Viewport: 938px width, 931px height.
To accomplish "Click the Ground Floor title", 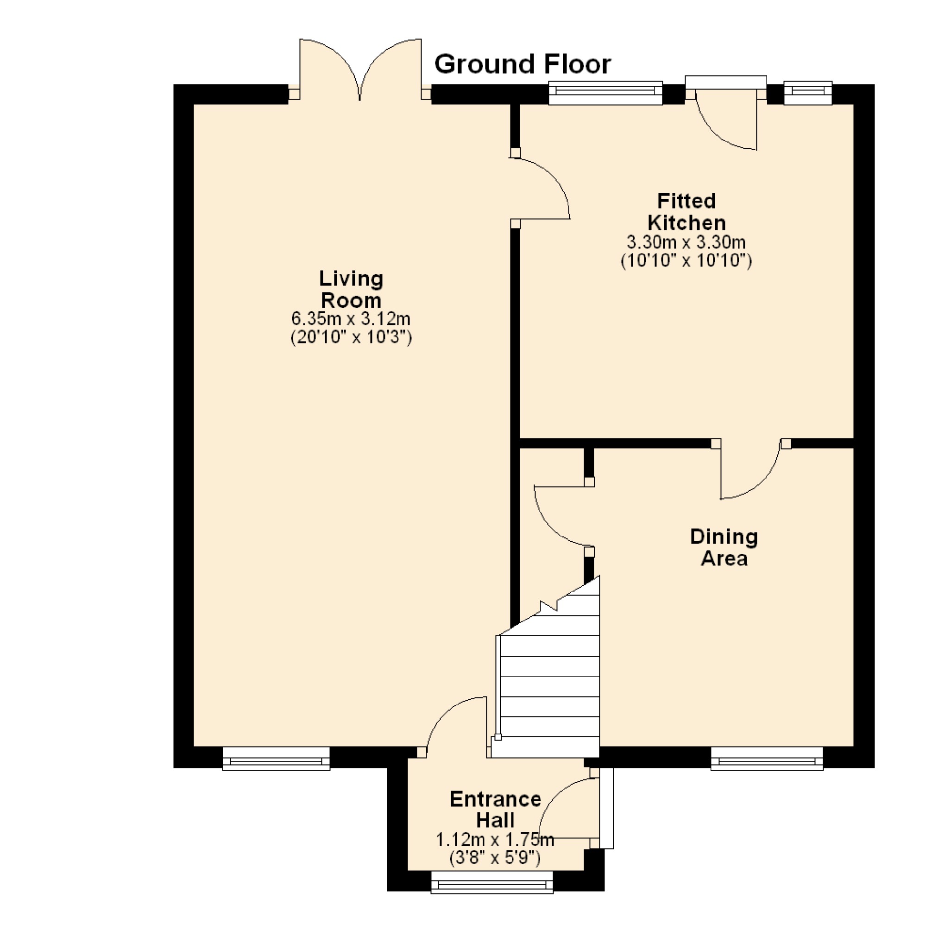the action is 523,64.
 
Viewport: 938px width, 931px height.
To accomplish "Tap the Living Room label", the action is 351,290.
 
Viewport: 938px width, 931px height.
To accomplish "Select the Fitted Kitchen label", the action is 686,212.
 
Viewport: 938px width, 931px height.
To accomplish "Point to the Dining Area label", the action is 724,547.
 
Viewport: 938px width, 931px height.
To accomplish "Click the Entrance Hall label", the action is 495,810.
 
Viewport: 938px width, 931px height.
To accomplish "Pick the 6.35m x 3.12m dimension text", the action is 351,319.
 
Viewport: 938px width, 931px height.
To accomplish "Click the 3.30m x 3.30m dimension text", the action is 686,242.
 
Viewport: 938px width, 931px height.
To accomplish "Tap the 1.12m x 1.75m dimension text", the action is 495,839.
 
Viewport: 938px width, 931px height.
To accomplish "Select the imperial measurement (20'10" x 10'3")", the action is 351,337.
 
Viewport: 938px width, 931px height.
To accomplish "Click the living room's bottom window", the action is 276,758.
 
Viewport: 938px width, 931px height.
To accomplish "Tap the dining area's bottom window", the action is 767,758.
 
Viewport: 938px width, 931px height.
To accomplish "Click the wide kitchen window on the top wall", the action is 605,93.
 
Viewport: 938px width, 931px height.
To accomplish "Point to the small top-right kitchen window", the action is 808,93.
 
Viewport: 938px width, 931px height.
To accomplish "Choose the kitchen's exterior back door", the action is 726,113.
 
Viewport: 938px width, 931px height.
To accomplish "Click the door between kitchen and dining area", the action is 750,469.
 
